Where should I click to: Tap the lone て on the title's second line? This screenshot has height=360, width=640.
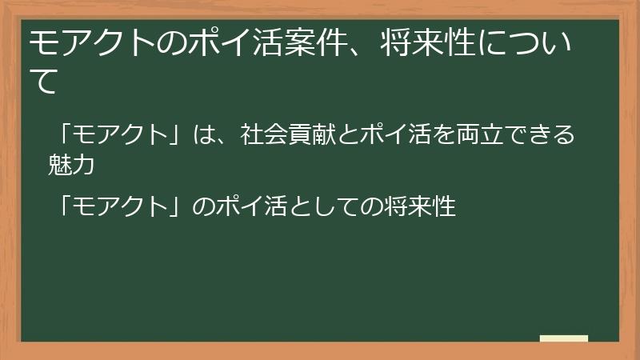(44, 82)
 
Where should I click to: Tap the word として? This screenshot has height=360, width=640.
(318, 206)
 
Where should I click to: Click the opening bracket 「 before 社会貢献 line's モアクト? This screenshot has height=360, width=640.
(66, 133)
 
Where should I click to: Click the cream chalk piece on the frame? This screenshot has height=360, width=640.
(563, 339)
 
